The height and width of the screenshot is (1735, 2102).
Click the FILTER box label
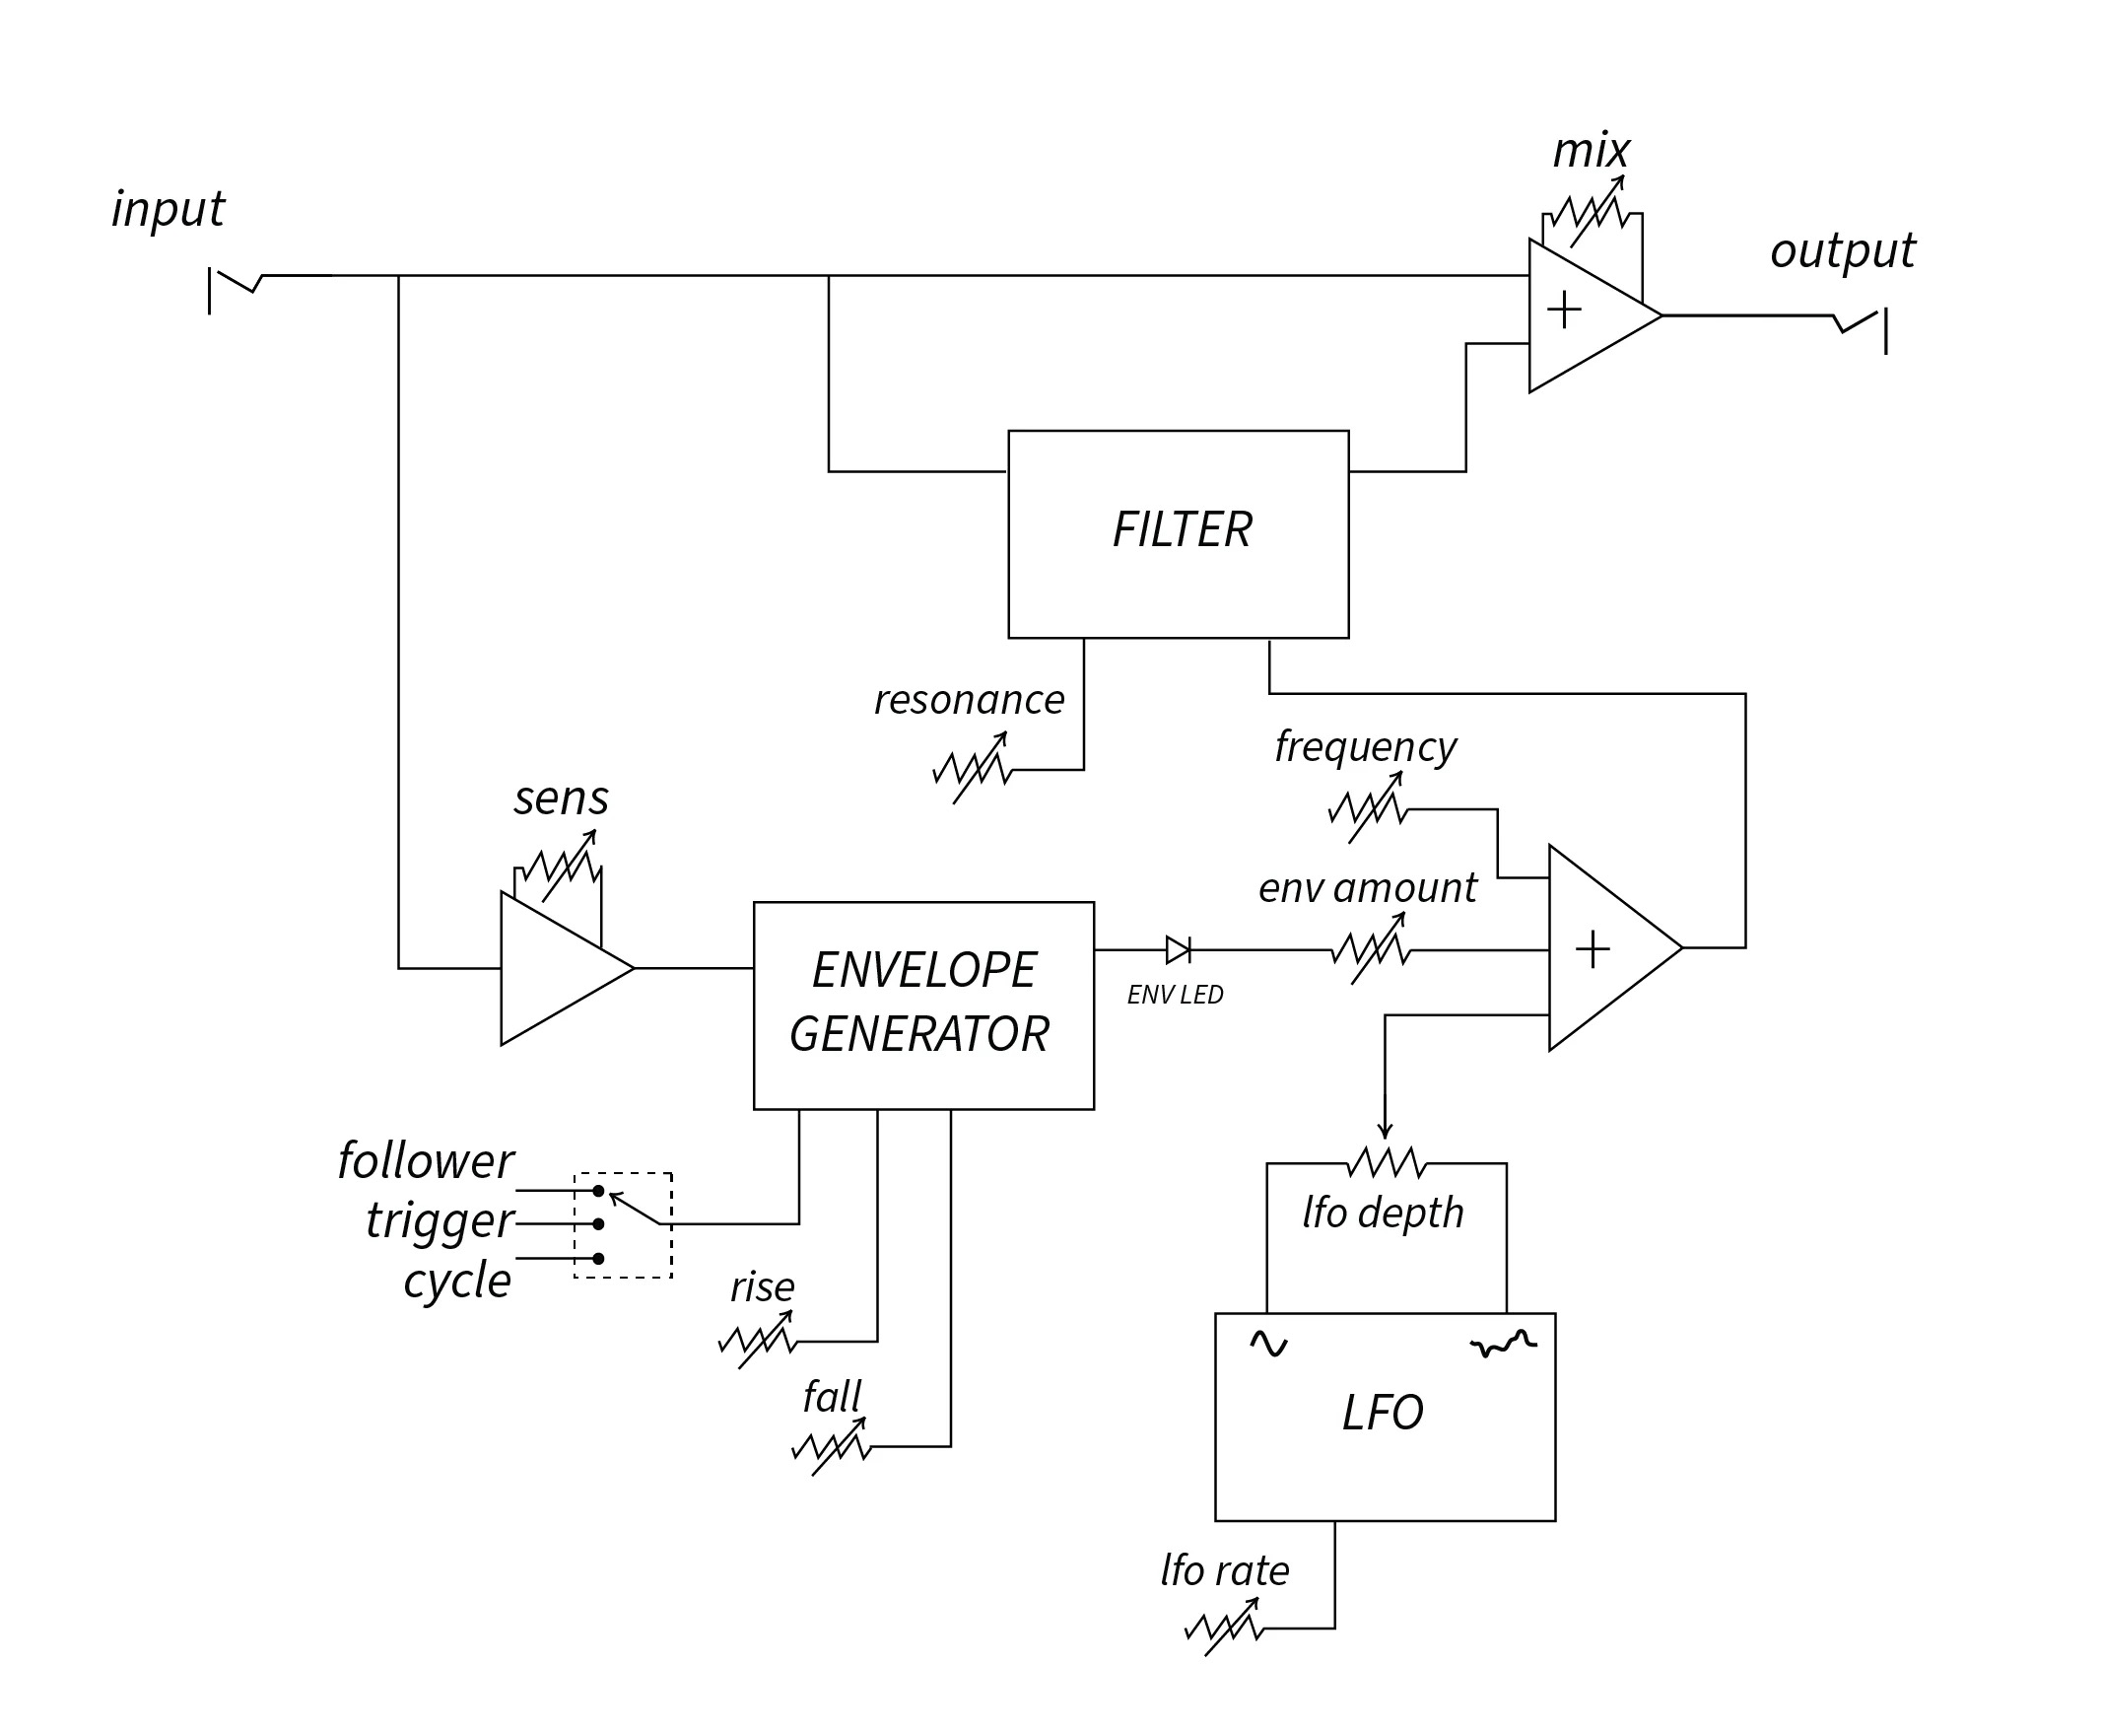(x=1182, y=528)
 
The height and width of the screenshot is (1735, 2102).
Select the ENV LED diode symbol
(x=1178, y=949)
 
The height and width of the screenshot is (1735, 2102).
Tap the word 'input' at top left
(x=168, y=209)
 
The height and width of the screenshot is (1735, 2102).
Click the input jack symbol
(x=235, y=290)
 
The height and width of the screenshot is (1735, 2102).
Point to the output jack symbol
(x=1861, y=331)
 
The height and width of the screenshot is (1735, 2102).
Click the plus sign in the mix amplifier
(x=1564, y=310)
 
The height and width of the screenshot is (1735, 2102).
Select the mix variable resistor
(x=1592, y=212)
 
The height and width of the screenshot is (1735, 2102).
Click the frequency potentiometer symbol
(x=1368, y=806)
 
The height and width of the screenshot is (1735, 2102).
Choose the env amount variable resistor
(x=1371, y=948)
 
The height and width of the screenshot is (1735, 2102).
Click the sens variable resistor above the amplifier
(x=562, y=866)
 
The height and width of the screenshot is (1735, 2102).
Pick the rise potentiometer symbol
(x=757, y=1340)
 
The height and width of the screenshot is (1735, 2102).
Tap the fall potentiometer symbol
(x=831, y=1446)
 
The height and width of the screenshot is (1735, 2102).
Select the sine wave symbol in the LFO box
(x=1269, y=1344)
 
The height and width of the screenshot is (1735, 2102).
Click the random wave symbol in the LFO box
(x=1504, y=1344)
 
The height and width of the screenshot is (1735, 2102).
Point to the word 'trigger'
(x=440, y=1221)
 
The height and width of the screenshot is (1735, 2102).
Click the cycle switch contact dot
(x=598, y=1258)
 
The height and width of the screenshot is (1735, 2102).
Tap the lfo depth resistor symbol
(x=1387, y=1161)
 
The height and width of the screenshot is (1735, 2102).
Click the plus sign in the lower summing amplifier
(x=1592, y=949)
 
